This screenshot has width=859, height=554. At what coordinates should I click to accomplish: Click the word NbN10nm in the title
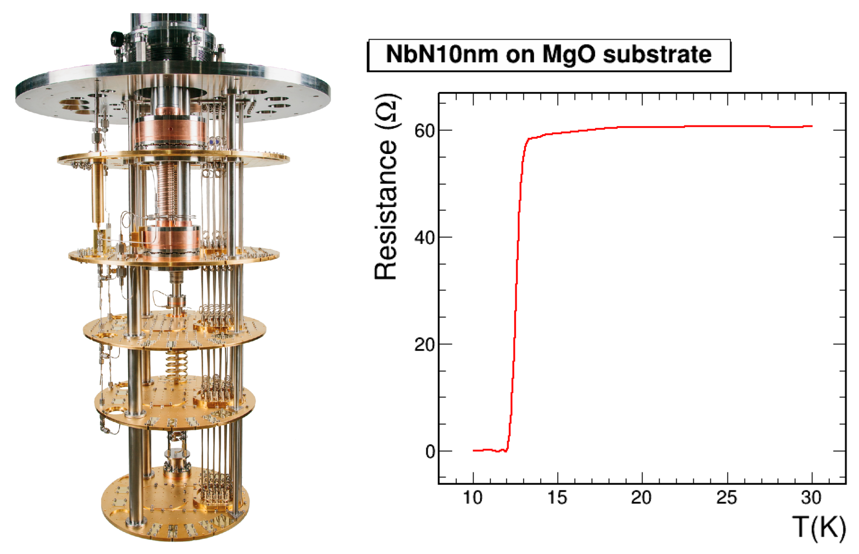(x=442, y=55)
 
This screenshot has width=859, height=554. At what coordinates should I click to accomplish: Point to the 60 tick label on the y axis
(x=424, y=131)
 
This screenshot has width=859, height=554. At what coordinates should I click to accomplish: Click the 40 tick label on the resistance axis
(x=424, y=237)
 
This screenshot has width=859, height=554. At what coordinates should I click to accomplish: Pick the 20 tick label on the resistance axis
(x=424, y=344)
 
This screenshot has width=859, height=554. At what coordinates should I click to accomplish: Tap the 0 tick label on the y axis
(x=430, y=452)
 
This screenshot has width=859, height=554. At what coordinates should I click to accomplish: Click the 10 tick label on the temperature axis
(x=473, y=498)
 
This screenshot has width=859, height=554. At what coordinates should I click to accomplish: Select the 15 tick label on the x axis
(x=557, y=498)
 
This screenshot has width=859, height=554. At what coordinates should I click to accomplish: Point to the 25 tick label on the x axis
(x=727, y=498)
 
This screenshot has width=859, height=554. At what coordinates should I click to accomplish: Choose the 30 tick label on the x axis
(x=811, y=498)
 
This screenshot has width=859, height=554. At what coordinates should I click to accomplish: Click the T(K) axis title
(x=819, y=527)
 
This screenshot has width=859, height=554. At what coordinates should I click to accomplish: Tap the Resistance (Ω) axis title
(x=386, y=187)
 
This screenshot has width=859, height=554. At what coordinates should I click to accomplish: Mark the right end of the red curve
(x=812, y=126)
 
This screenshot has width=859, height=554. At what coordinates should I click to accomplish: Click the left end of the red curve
(x=474, y=450)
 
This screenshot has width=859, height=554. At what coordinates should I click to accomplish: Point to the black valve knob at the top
(x=116, y=38)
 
